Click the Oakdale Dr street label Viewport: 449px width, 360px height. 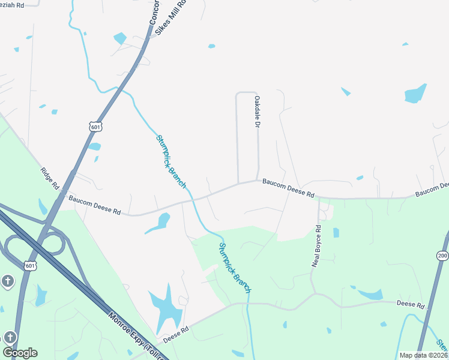257,112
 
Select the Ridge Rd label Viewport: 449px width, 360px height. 50,179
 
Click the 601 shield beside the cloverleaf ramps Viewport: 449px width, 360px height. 31,265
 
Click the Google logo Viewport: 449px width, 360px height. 20,352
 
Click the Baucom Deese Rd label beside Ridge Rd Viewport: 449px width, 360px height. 94,205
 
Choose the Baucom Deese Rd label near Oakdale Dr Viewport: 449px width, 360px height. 288,191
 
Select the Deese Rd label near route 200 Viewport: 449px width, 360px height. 411,305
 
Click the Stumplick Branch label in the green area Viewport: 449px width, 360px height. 235,268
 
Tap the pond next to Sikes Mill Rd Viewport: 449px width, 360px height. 120,38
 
